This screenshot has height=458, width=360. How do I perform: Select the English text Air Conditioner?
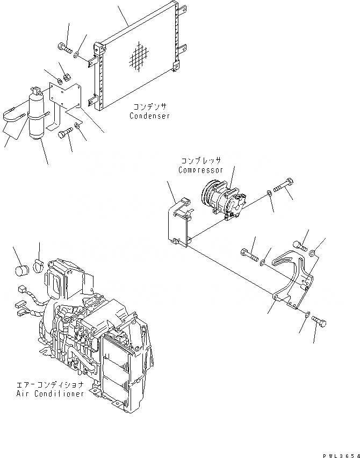pyautogui.click(x=50, y=394)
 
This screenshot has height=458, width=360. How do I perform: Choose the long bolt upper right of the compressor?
pyautogui.click(x=283, y=187)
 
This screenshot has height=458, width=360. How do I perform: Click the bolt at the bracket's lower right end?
pyautogui.click(x=319, y=323)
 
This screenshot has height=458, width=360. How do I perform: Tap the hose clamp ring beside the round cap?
pyautogui.click(x=39, y=264)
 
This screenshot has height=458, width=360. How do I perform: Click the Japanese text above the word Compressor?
pyautogui.click(x=200, y=161)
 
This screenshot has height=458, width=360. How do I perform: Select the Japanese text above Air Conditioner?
pyautogui.click(x=51, y=385)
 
